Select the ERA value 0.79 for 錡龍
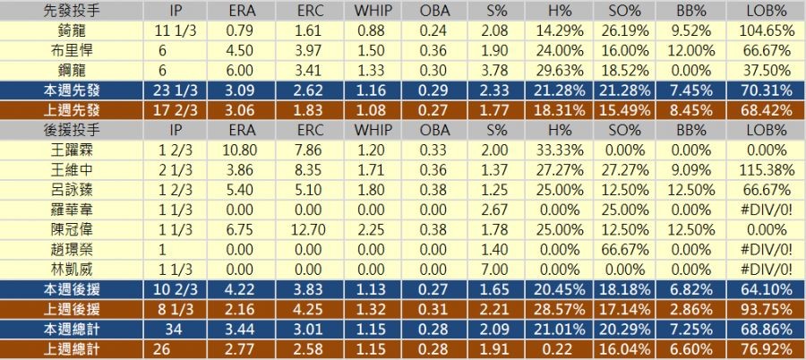[x=237, y=30]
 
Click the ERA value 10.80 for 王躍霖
[x=237, y=150]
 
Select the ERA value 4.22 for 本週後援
[x=237, y=289]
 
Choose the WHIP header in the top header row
[x=385, y=11]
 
